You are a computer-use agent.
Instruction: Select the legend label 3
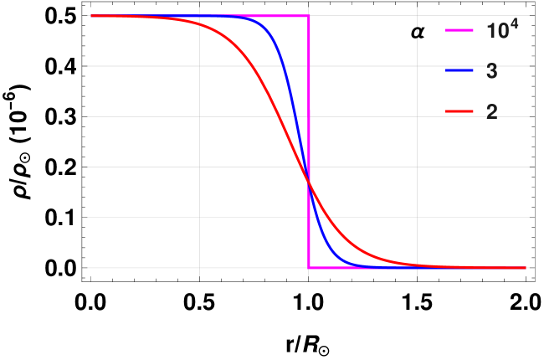(x=491, y=72)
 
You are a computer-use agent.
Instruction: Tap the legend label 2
(x=491, y=111)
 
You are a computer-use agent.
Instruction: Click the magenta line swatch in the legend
(x=459, y=31)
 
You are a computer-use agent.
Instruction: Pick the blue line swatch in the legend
(x=459, y=71)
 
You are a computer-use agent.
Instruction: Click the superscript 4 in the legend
(x=514, y=25)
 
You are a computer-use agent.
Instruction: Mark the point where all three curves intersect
(x=309, y=183)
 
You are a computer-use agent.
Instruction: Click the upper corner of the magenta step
(x=309, y=16)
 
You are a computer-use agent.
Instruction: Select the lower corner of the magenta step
(x=309, y=267)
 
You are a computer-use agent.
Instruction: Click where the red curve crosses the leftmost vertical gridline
(x=199, y=23)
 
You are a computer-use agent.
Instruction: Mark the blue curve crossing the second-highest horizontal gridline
(x=281, y=66)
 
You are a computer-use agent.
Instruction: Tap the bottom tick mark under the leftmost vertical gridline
(x=199, y=272)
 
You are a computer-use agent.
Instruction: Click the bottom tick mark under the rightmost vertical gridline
(x=417, y=272)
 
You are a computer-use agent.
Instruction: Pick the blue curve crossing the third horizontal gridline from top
(x=292, y=116)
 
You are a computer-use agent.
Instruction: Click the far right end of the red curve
(x=528, y=267)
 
